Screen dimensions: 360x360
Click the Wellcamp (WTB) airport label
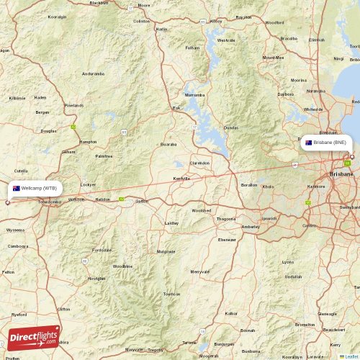[35, 188]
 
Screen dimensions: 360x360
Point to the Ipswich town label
[268, 217]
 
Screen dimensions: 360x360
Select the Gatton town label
[142, 201]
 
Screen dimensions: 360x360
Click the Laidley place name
[172, 223]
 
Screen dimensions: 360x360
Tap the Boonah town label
[248, 330]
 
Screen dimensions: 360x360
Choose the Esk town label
[176, 108]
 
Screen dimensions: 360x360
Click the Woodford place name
[274, 22]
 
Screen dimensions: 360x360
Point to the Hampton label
[88, 142]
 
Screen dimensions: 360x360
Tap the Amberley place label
[251, 226]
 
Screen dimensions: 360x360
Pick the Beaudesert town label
[333, 329]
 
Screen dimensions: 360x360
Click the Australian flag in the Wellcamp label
[17, 188]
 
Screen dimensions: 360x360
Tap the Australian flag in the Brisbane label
[308, 143]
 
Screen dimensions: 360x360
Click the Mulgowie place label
[166, 251]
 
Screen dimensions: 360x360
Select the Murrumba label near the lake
[194, 94]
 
